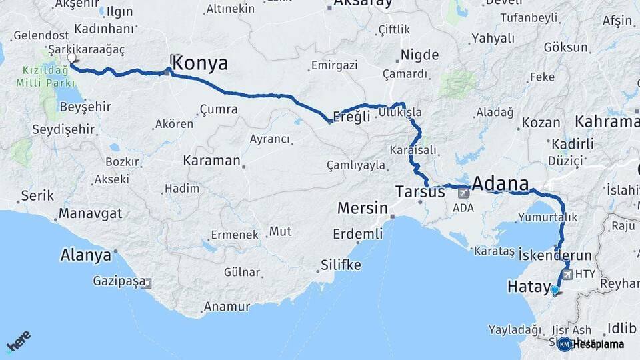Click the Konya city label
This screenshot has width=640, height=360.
[x=200, y=63]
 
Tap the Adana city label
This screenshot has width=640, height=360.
[x=501, y=183]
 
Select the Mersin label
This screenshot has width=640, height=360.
[x=362, y=207]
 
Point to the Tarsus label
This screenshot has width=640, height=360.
[x=420, y=192]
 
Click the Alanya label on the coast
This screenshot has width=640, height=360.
[x=85, y=255]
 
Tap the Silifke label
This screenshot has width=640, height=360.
[x=340, y=265]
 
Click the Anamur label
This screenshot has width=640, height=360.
[x=226, y=307]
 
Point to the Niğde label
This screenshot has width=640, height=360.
[x=419, y=55]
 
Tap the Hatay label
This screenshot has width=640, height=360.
[x=527, y=287]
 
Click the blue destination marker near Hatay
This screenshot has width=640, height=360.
[x=555, y=289]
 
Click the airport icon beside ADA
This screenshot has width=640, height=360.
[x=463, y=193]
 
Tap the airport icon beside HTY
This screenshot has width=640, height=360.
[x=567, y=273]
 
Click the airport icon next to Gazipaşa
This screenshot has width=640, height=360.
[x=147, y=283]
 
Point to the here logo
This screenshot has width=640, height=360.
[x=18, y=343]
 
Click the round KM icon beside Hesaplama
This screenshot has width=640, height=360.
[x=564, y=344]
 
